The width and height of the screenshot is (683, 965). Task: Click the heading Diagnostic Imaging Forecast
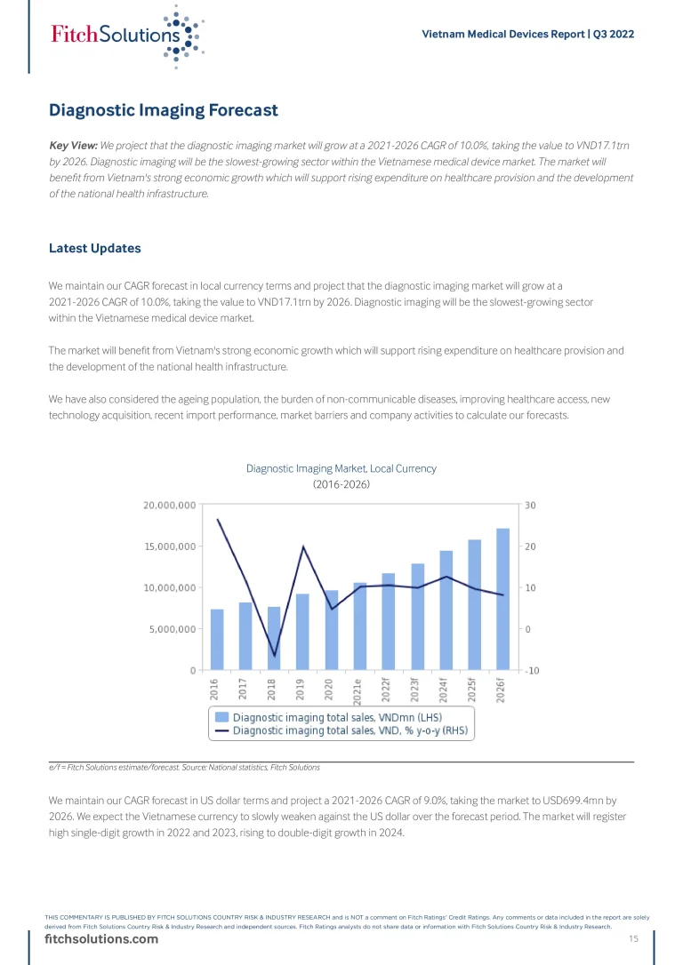[x=164, y=111]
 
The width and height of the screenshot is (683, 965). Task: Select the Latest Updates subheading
[x=95, y=249]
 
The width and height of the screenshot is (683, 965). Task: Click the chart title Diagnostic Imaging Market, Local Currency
[x=341, y=468]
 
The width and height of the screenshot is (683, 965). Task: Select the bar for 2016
[x=217, y=639]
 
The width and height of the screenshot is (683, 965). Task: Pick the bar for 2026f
[x=503, y=599]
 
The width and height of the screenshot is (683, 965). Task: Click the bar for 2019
[x=302, y=631]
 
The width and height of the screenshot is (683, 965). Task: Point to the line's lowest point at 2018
[x=275, y=656]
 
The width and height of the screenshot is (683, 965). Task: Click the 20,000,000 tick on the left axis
[x=169, y=505]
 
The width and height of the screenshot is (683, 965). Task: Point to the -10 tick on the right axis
[x=533, y=671]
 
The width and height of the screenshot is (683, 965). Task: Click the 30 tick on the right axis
[x=529, y=505]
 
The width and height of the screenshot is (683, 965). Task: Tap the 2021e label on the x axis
[x=358, y=691]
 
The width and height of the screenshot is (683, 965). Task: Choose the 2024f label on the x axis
[x=445, y=691]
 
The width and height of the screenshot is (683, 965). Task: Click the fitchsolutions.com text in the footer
[x=101, y=939]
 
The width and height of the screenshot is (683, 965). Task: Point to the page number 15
[x=634, y=939]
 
